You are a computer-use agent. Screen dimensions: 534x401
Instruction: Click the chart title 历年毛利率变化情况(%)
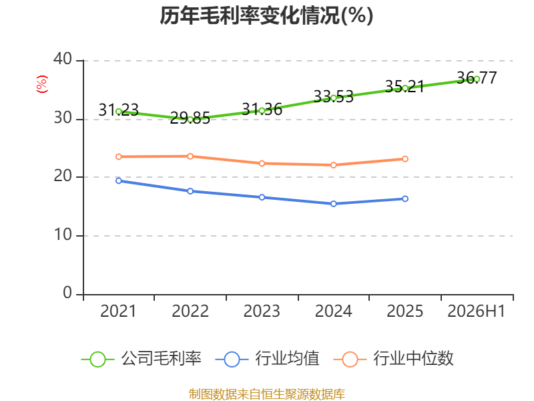point(266,15)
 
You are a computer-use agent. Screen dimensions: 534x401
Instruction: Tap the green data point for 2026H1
point(477,79)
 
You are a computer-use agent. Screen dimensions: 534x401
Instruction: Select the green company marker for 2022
point(190,120)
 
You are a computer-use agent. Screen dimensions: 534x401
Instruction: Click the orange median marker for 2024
point(333,165)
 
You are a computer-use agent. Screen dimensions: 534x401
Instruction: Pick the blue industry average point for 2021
point(119,180)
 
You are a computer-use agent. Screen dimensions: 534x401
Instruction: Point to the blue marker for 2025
point(405,198)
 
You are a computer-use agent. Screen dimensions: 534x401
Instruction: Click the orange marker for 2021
point(119,157)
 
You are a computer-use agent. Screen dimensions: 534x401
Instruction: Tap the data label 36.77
point(477,78)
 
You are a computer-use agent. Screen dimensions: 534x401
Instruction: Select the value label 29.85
point(190,118)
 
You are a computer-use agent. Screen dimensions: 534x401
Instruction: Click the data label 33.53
point(333,96)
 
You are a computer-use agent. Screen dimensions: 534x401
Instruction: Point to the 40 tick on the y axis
point(63,59)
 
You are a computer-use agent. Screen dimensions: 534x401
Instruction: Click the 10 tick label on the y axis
point(63,235)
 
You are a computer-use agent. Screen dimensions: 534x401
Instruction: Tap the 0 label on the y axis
point(67,293)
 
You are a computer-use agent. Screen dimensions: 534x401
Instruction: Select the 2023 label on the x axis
point(262,311)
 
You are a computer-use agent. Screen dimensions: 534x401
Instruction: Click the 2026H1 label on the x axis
point(476,311)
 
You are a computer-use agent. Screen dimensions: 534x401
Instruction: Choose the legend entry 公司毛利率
point(142,359)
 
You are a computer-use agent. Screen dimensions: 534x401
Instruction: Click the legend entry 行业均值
point(268,359)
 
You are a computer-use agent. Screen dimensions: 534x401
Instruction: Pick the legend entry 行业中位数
point(393,359)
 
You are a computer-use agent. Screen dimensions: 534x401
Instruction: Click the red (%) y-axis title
point(42,84)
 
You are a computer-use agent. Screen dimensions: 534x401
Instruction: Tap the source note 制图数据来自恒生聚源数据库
point(267,394)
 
